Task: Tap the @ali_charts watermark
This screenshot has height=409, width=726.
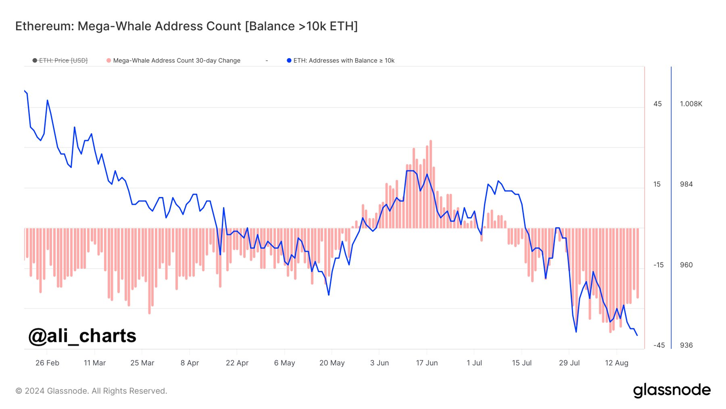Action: point(82,336)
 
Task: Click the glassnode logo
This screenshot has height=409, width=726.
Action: point(672,390)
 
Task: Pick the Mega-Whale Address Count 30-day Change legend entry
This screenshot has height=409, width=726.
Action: point(176,61)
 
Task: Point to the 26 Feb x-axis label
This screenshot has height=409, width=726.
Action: point(47,363)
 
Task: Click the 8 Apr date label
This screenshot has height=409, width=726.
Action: point(190,363)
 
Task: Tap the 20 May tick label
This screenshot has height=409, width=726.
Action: point(332,363)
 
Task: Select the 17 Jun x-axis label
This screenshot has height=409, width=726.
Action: point(427,363)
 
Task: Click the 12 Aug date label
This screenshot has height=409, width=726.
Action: point(616,363)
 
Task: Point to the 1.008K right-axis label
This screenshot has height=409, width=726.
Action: point(691,104)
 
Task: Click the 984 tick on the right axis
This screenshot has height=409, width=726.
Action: point(686,184)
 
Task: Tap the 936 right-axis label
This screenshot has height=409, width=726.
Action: point(686,345)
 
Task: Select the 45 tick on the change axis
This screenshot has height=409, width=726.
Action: point(657,104)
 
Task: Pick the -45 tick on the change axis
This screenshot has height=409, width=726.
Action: point(659,345)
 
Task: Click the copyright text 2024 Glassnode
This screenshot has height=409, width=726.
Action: point(91,391)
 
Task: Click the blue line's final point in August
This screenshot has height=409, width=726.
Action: point(637,335)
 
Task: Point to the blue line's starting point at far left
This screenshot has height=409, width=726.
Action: point(25,91)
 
